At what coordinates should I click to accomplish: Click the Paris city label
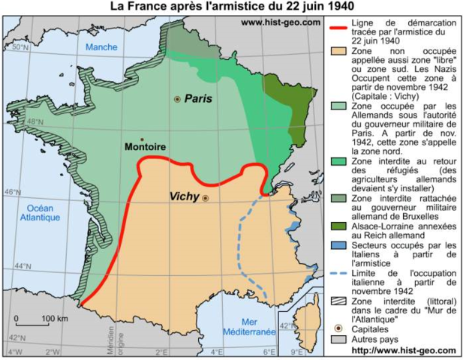(199, 98)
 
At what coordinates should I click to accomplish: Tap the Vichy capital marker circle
(205, 198)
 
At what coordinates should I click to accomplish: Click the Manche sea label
(102, 47)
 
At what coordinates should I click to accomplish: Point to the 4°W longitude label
(14, 352)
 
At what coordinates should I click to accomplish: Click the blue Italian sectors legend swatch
(340, 245)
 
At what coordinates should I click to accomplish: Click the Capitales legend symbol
(340, 328)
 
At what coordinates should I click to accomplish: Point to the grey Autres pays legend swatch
(340, 339)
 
